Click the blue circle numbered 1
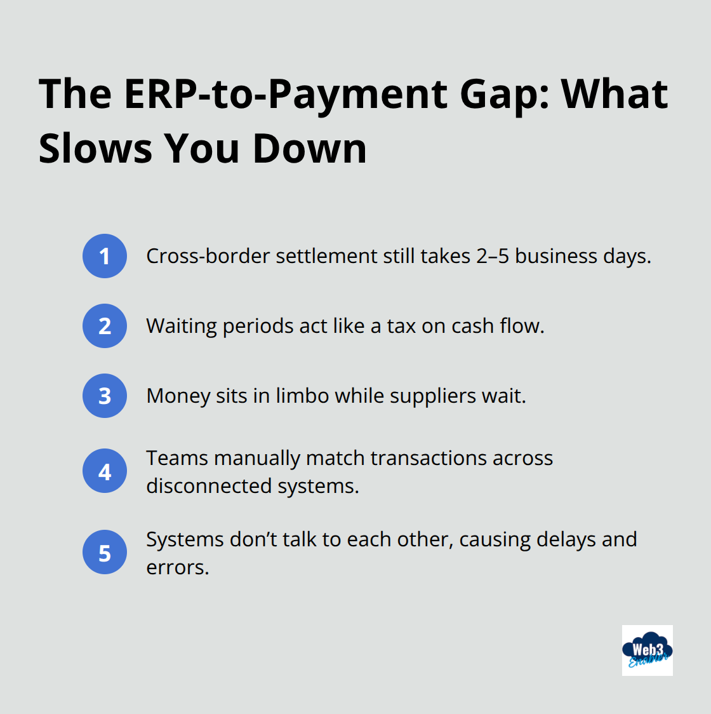coord(105,256)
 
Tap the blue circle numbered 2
coord(105,326)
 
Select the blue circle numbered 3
coord(105,396)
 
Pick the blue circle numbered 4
coord(105,471)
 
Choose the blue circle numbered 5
coord(105,553)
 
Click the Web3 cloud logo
coord(647,650)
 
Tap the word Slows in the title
coord(95,149)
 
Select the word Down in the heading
coord(309,149)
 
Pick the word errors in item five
coord(176,567)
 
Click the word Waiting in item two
coord(182,326)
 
